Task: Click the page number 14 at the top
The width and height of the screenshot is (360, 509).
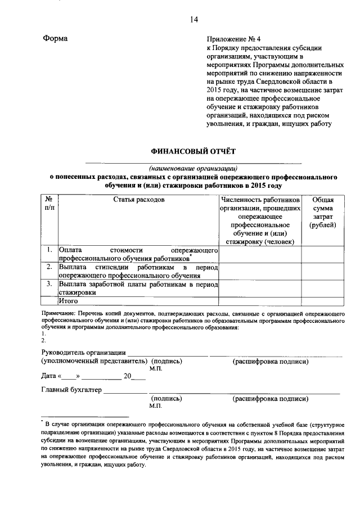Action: coord(193,20)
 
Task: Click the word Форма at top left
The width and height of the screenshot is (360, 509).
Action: coord(55,39)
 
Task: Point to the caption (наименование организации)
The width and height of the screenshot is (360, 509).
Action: coord(193,168)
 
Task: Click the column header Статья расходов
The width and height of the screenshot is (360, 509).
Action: coord(138,200)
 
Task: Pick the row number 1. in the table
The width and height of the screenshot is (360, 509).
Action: coord(50,250)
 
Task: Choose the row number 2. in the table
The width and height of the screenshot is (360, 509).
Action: coord(50,267)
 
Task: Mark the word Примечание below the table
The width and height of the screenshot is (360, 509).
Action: coord(58,312)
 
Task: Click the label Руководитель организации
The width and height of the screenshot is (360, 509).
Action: coord(83,353)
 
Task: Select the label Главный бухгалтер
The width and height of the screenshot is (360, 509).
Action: coord(71,389)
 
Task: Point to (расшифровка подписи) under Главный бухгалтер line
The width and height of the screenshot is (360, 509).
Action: coord(271,399)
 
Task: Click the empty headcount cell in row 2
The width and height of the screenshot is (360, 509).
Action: coord(260,271)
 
